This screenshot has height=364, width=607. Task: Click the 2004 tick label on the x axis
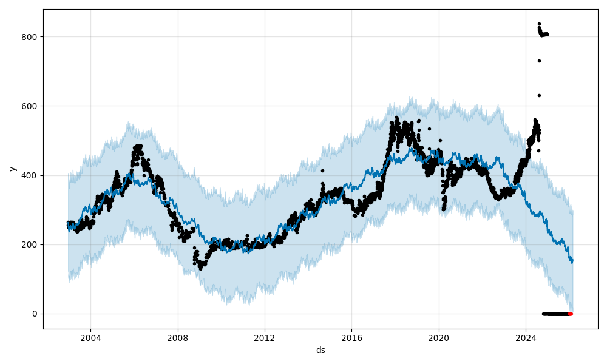[90, 338]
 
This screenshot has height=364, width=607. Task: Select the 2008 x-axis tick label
[178, 338]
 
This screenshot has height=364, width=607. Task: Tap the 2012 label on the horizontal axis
[265, 338]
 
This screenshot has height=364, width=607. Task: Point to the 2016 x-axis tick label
[352, 338]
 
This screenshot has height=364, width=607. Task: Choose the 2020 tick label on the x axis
[439, 338]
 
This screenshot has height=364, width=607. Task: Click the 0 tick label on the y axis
[34, 314]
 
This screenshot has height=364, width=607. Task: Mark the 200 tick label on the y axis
[30, 244]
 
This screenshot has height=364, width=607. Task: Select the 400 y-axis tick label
[30, 175]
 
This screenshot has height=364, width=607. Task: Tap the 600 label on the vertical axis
[30, 106]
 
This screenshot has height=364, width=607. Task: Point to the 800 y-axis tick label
[30, 37]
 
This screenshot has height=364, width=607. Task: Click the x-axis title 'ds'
[320, 351]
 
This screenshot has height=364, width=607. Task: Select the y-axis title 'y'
[12, 169]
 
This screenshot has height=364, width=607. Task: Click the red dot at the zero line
[570, 314]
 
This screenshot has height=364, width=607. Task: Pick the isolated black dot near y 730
[539, 61]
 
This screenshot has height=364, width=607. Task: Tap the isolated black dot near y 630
[539, 95]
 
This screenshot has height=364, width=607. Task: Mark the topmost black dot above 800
[539, 24]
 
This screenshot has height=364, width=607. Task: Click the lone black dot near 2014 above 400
[322, 170]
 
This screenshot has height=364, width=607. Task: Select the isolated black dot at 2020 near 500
[440, 140]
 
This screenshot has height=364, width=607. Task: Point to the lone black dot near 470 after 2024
[538, 150]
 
